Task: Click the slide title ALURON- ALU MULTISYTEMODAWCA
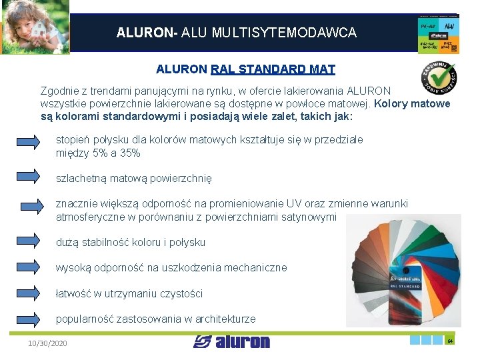(x=236, y=32)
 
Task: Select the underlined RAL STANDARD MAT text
(x=273, y=69)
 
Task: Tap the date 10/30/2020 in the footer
(x=47, y=343)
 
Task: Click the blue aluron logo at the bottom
(x=232, y=342)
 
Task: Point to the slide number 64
(x=450, y=341)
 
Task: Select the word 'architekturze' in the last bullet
(x=224, y=319)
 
